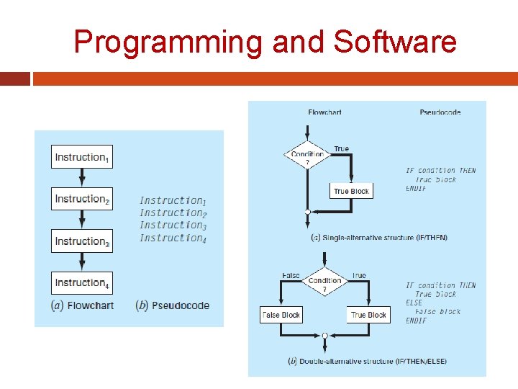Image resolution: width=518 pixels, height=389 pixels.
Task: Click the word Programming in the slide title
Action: point(169,42)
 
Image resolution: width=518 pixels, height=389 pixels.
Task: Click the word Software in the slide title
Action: point(395,42)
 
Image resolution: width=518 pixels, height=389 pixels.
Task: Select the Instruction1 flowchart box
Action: point(82,157)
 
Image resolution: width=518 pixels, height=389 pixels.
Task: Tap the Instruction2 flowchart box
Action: point(82,199)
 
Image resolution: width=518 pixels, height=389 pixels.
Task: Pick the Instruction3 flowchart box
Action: point(82,241)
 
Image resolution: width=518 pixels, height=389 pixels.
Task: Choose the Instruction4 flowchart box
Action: point(82,282)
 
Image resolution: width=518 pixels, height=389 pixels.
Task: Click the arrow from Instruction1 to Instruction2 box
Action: point(82,178)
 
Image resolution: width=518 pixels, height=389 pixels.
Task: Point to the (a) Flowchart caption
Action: point(82,305)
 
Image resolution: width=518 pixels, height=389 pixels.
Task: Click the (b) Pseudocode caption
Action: point(173,305)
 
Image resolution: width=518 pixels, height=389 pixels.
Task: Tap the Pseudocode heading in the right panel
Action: point(440,112)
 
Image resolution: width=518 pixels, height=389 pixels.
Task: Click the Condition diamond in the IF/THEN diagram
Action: point(307,156)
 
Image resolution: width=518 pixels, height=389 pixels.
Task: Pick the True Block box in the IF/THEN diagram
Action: point(351,191)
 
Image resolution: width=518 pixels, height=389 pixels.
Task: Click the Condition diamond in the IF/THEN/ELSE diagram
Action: point(324,283)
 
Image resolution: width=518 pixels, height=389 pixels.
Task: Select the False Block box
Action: point(281,315)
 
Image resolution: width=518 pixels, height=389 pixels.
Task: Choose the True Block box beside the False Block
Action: point(368,315)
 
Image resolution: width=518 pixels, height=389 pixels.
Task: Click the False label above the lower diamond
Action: point(291,275)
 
